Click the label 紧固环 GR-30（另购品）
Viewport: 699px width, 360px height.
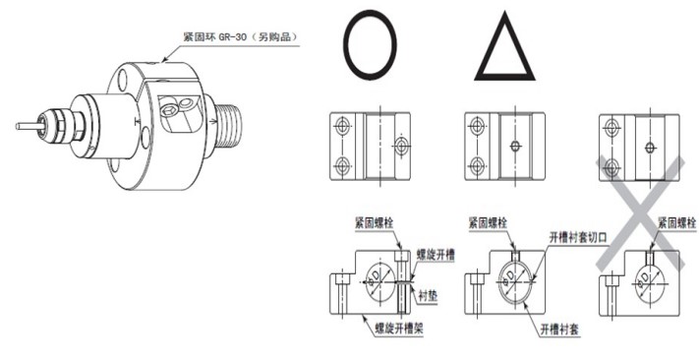(240, 37)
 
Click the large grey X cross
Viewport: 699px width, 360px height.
(641, 213)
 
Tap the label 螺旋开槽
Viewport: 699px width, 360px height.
(436, 255)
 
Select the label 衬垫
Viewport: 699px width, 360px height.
(428, 295)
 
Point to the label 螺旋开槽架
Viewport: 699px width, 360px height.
(398, 329)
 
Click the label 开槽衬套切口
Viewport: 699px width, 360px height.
(578, 237)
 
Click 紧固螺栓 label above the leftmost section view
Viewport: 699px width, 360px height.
(375, 222)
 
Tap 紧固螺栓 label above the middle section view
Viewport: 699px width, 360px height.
(488, 222)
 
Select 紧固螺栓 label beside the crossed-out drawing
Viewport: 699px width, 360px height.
(677, 222)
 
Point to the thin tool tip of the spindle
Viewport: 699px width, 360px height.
(29, 126)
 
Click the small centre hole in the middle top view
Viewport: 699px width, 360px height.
(515, 146)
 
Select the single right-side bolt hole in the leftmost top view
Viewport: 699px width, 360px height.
(402, 145)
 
